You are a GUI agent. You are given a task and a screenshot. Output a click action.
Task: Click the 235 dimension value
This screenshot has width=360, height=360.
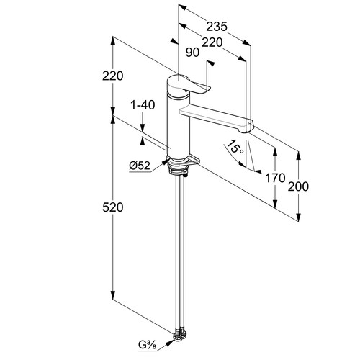217,27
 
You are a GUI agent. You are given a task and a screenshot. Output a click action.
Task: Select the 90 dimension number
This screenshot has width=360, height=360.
192,53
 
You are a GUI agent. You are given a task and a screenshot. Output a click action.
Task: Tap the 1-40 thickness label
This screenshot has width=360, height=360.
143,105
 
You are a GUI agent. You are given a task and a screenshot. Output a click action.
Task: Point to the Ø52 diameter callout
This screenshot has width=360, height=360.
140,166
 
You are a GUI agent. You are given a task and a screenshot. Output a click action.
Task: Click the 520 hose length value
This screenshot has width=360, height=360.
112,207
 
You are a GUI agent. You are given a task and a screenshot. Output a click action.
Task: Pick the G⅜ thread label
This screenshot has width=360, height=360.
148,346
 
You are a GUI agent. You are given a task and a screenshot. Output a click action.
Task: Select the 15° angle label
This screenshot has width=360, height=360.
235,148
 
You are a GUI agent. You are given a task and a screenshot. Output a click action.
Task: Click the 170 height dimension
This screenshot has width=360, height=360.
275,178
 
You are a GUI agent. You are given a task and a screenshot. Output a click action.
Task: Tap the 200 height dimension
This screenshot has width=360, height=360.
298,186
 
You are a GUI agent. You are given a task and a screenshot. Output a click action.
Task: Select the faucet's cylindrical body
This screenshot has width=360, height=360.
179,127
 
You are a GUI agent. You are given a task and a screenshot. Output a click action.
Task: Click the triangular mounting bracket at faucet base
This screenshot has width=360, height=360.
193,160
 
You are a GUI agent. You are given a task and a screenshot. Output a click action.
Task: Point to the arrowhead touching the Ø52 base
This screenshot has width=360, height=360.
165,161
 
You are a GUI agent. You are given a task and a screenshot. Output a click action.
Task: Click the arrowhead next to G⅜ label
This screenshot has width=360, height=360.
170,343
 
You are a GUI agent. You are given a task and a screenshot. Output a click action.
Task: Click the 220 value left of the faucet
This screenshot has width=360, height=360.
112,76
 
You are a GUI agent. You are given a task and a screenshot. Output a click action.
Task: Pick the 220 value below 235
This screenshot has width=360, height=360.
212,42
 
